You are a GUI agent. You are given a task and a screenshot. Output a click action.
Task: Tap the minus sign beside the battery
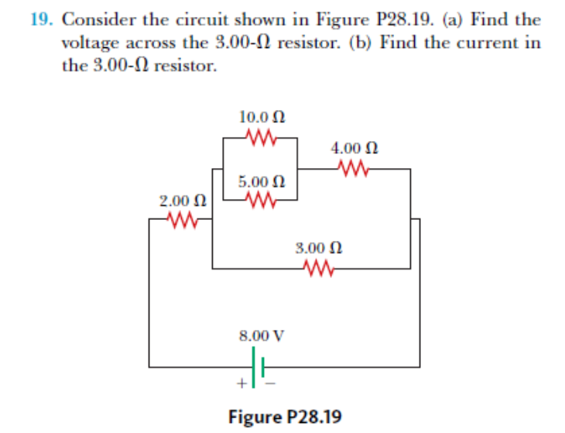tap(272, 382)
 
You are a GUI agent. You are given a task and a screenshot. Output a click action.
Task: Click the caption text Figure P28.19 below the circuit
tap(284, 418)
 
